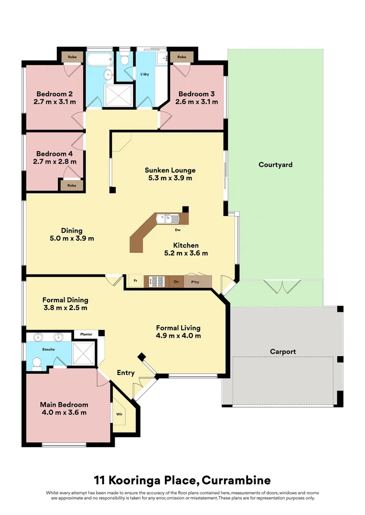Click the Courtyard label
click(x=275, y=165)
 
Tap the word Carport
click(x=283, y=351)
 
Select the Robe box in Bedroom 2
click(x=72, y=57)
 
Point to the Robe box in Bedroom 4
click(x=72, y=185)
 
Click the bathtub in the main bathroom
click(x=99, y=60)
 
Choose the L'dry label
click(x=145, y=74)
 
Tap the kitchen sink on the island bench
click(x=171, y=219)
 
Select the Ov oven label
click(x=176, y=281)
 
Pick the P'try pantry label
click(x=195, y=281)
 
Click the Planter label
click(x=86, y=334)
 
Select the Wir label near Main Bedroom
click(x=119, y=414)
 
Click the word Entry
click(x=126, y=372)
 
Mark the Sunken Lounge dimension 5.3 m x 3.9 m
click(x=170, y=178)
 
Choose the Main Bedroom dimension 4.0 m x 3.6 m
click(x=64, y=412)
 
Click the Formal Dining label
click(x=65, y=300)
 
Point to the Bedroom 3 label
click(x=196, y=94)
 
